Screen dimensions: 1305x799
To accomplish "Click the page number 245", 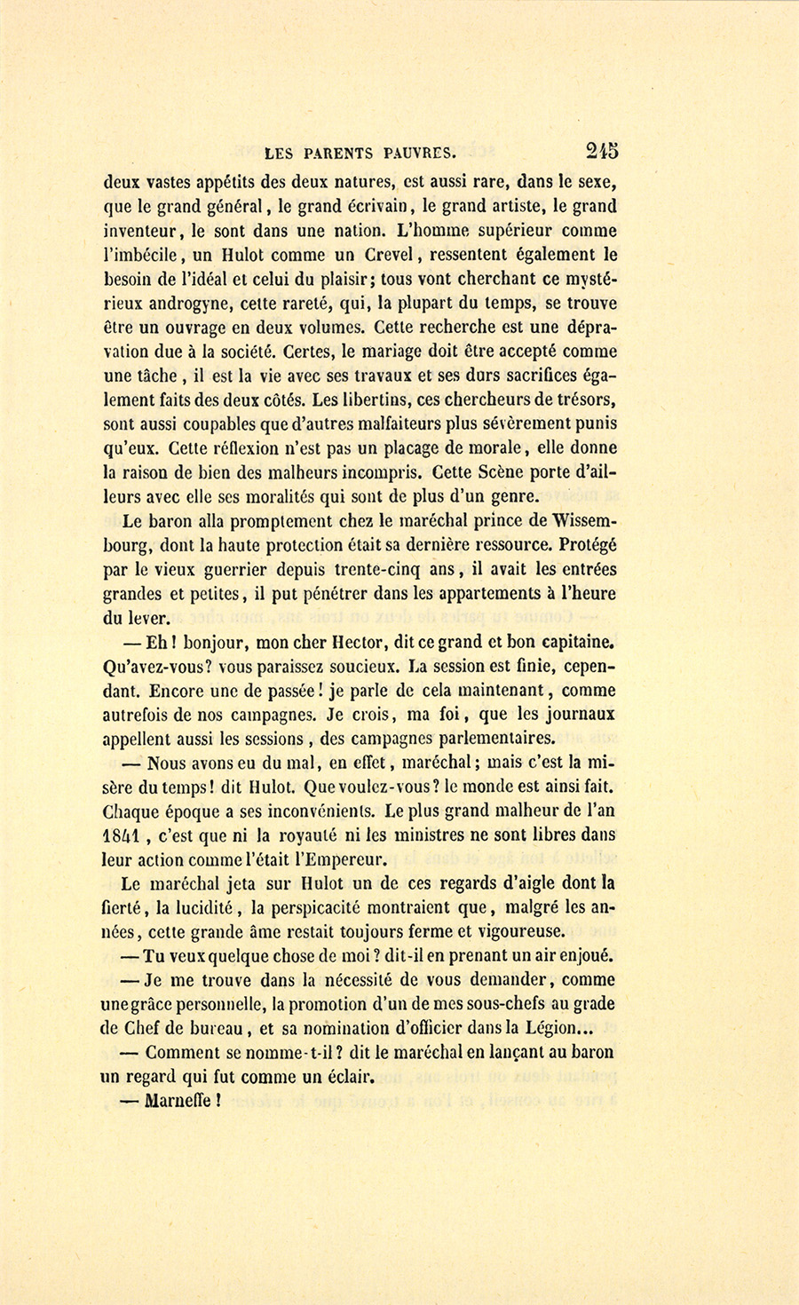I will coord(601,150).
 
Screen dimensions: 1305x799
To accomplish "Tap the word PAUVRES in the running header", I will coord(415,153).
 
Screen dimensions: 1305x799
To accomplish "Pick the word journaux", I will coord(577,714).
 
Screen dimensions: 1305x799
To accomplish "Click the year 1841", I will coord(123,834).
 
